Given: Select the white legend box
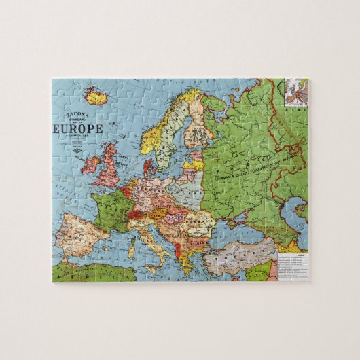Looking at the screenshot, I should click(291, 267).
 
